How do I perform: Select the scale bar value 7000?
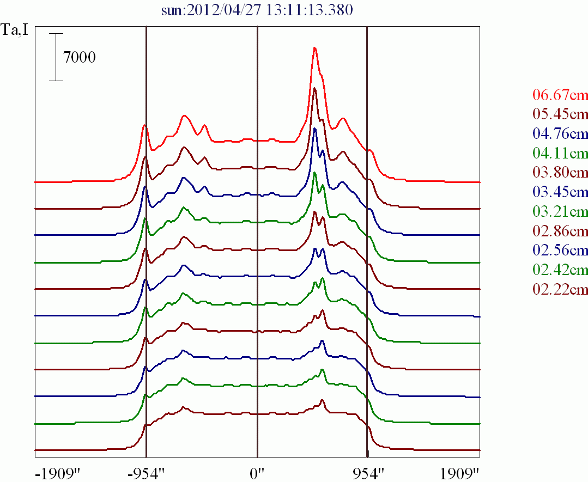tap(80, 57)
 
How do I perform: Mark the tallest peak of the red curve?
tap(314, 48)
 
